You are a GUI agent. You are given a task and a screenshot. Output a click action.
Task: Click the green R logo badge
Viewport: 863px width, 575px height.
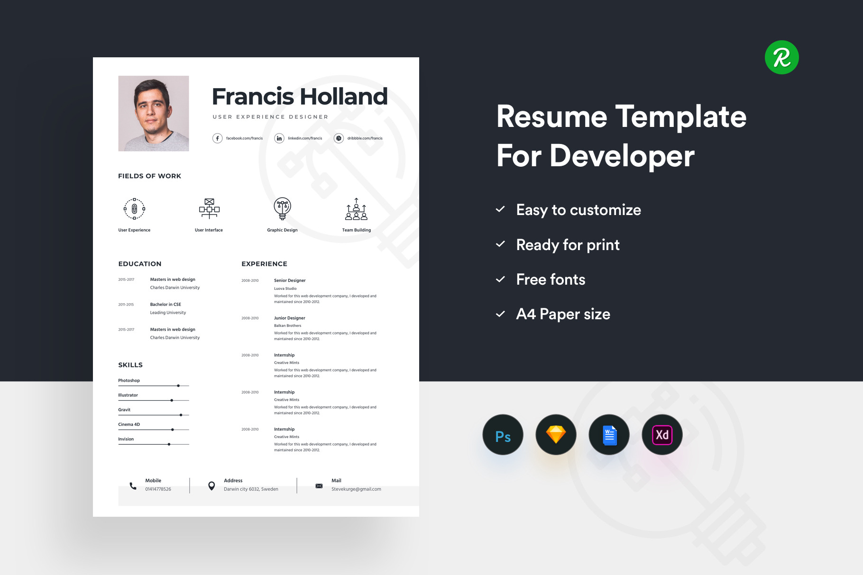781,57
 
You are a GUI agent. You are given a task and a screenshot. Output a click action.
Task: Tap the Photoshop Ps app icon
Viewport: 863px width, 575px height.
503,435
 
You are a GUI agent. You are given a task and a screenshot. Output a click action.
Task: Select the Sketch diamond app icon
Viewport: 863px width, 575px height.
556,435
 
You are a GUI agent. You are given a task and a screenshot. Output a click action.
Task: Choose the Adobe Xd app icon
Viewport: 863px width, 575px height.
662,435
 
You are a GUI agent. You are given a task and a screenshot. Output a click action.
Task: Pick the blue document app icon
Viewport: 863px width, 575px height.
609,435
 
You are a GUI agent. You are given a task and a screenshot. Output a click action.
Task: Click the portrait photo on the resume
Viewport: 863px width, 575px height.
154,113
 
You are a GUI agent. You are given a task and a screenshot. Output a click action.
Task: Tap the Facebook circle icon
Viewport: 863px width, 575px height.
217,138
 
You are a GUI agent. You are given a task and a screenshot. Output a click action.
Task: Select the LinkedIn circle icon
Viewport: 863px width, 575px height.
279,138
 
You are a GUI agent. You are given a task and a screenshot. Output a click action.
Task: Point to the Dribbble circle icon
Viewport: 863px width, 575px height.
339,138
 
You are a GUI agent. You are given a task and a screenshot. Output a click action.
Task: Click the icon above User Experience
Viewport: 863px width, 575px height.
134,209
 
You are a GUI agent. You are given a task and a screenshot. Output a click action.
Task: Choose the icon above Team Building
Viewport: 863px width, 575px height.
357,209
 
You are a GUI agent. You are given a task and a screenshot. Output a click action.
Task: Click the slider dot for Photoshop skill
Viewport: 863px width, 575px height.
178,386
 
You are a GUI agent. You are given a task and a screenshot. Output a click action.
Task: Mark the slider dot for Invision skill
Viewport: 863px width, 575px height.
169,444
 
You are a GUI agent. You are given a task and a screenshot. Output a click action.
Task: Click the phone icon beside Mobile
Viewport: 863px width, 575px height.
133,485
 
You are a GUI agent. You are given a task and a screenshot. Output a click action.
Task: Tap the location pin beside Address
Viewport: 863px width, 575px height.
211,486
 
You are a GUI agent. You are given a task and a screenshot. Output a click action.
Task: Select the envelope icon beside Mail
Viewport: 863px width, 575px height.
319,486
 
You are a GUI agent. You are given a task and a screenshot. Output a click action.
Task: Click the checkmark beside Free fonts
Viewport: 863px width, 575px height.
500,279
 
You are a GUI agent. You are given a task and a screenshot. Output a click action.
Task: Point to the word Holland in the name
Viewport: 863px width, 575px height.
344,97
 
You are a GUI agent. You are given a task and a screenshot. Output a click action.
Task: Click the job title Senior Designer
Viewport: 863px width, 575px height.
290,280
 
